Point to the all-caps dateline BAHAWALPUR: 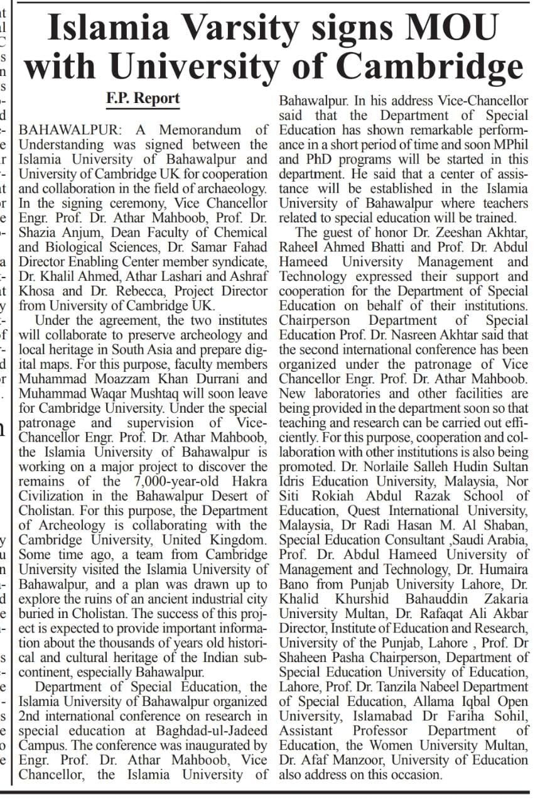73,131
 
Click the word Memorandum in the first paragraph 204,131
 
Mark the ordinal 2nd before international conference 31,716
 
